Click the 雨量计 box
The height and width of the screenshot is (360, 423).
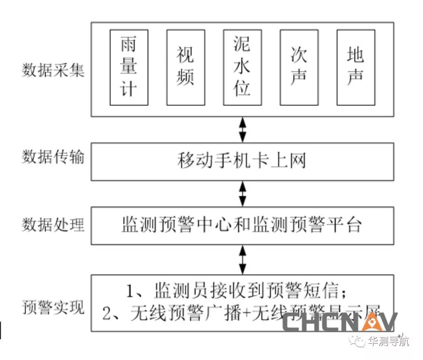(x=129, y=67)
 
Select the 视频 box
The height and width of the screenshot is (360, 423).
(x=186, y=67)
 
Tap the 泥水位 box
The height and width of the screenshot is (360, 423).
(x=242, y=67)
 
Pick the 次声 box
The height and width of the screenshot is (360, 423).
(x=299, y=67)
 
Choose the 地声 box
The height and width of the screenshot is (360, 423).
(x=356, y=67)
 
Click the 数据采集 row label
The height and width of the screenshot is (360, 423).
(x=53, y=71)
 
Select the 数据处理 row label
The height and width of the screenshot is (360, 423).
(x=53, y=225)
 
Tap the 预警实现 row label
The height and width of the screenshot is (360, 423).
(x=53, y=307)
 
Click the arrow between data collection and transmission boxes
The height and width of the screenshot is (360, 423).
(x=243, y=130)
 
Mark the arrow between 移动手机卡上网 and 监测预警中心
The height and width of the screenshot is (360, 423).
(x=243, y=194)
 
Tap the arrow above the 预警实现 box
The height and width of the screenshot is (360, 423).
(x=243, y=259)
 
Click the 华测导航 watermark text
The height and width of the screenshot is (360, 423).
(x=388, y=342)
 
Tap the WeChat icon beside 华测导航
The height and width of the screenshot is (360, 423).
(x=358, y=342)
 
